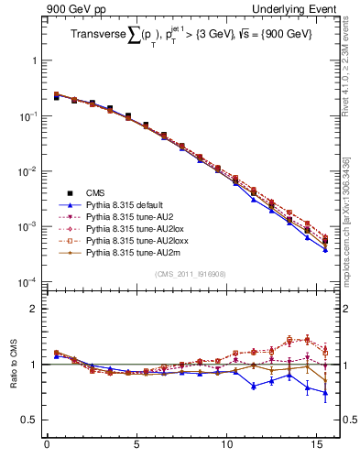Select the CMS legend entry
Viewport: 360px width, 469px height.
[96, 193]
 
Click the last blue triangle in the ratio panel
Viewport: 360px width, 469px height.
[325, 393]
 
